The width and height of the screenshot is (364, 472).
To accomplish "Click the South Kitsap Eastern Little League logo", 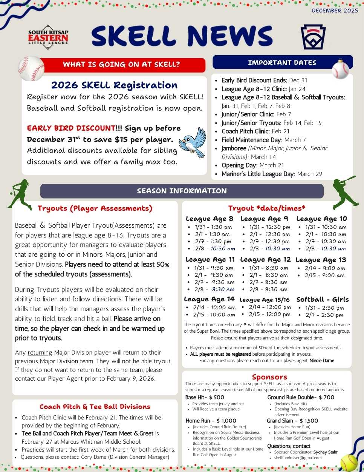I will [x=48, y=37].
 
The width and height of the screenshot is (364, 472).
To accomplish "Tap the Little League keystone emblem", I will [x=313, y=37].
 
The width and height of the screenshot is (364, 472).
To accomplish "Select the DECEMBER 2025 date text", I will [x=335, y=11].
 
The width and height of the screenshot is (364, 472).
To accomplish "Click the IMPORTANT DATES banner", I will [x=282, y=63].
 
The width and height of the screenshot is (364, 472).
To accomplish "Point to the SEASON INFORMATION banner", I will [x=182, y=191].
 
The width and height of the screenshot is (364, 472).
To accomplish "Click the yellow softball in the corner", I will [x=349, y=462].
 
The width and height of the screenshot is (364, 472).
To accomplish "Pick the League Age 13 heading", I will [x=321, y=260].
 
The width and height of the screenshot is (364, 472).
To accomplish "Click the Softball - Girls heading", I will [x=323, y=299].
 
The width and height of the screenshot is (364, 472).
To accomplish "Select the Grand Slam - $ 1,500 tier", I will [x=292, y=421].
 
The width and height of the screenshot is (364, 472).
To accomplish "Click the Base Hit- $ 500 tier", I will [x=205, y=397].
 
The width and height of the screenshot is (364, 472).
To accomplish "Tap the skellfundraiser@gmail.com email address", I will [x=298, y=458].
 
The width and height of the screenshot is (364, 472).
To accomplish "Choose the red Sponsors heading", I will [x=269, y=377].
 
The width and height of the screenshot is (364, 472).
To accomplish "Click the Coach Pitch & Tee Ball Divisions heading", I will [x=95, y=407].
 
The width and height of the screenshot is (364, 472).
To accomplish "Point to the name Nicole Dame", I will [x=322, y=361].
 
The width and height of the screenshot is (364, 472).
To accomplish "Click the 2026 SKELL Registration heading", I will [x=114, y=85].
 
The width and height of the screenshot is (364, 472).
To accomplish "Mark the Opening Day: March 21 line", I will [x=252, y=165].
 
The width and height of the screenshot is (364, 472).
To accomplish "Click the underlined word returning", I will [x=40, y=353].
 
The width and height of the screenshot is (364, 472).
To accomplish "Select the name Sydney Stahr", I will [x=325, y=452].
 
